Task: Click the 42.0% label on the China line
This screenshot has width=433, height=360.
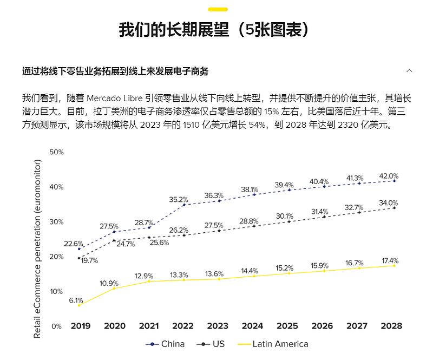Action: point(388,176)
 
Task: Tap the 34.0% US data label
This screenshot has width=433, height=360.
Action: point(388,203)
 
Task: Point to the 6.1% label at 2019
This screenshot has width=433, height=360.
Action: point(76,300)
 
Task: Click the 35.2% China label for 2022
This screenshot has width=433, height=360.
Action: point(179,199)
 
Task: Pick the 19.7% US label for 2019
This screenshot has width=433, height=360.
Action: point(90,260)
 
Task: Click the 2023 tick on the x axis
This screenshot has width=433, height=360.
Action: point(218,326)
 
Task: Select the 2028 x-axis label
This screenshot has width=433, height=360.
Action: point(391,326)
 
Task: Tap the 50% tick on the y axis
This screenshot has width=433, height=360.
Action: point(56,152)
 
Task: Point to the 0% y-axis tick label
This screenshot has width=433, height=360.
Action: point(57,326)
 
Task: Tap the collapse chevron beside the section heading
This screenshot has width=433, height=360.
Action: point(410,71)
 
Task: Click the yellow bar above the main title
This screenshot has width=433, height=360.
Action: point(218,9)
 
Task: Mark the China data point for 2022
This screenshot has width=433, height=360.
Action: point(183,205)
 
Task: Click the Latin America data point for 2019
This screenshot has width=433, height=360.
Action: point(79,305)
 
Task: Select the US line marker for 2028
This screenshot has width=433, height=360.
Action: point(394,208)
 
